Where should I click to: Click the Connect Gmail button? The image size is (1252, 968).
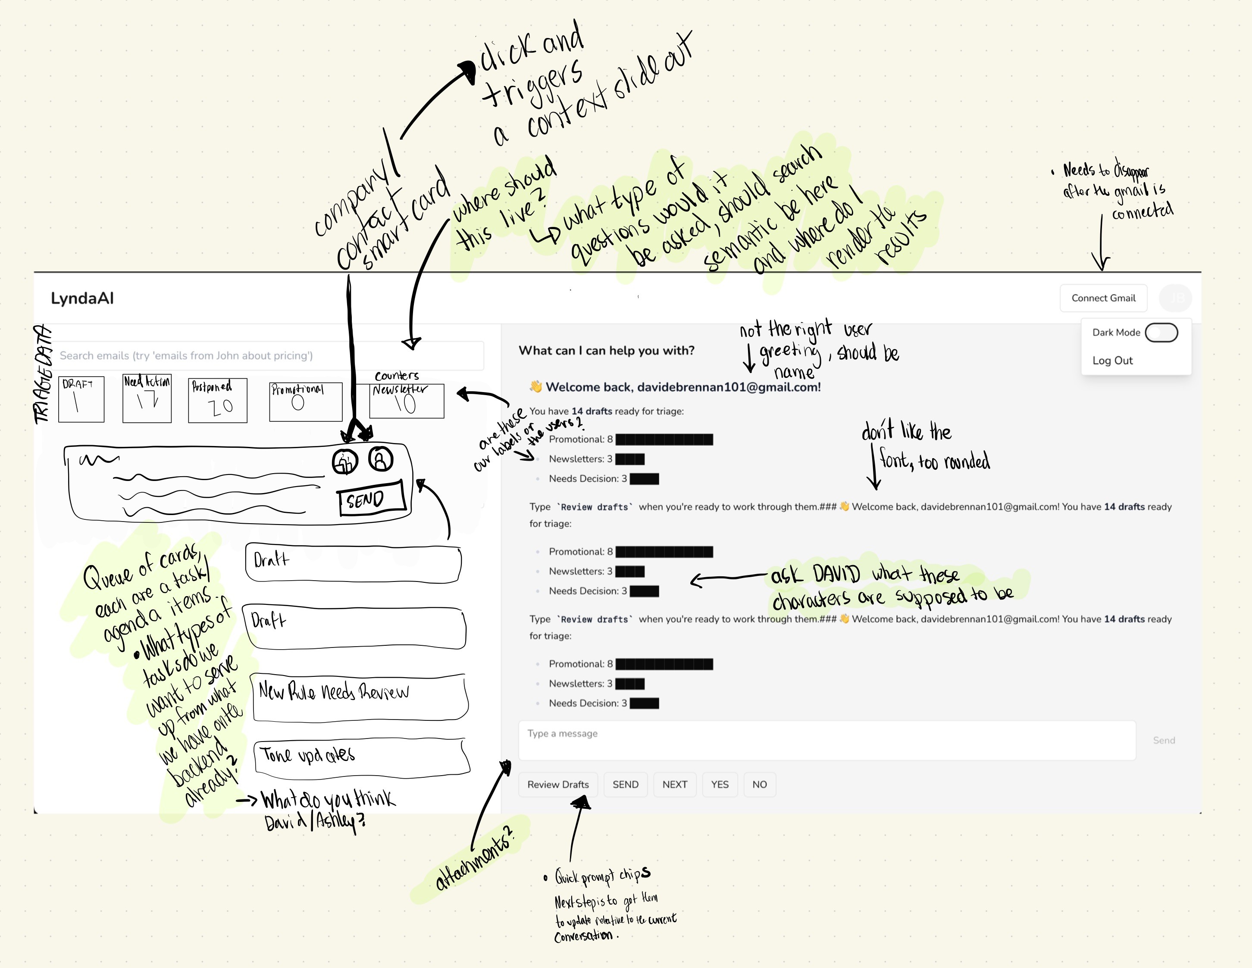click(1103, 298)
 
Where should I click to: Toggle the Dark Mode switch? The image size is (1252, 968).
click(1161, 333)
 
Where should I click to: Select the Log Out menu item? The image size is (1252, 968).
click(1112, 361)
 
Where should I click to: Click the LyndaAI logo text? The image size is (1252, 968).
click(82, 298)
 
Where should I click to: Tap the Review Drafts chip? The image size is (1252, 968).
click(558, 785)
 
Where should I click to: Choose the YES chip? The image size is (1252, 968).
click(720, 785)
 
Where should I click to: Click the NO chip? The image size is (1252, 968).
click(759, 785)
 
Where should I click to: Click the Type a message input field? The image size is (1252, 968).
click(826, 740)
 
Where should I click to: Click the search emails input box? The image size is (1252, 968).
click(269, 355)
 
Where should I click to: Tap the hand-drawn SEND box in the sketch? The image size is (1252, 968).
click(371, 498)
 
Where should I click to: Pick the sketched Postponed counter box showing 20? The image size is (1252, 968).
click(217, 400)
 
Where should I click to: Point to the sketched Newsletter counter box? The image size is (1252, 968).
click(407, 400)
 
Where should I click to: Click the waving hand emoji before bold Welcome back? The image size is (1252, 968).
click(536, 387)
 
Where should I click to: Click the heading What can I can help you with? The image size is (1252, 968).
click(606, 350)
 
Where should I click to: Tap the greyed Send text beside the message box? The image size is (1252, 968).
click(1163, 740)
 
